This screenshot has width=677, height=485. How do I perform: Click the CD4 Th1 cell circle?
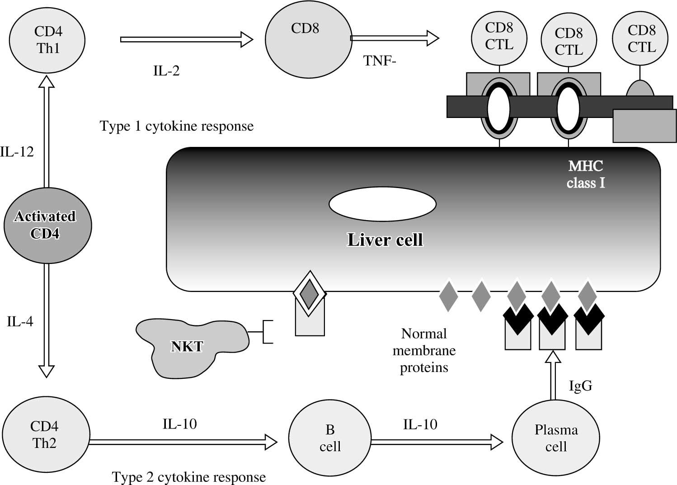tap(48, 40)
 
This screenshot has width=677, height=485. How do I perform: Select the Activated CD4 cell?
tap(47, 225)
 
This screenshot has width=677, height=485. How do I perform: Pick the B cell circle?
tap(330, 438)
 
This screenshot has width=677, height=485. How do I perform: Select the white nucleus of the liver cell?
tap(382, 204)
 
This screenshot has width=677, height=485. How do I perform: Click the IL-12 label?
tap(17, 152)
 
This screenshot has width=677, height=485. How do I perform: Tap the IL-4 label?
tap(20, 322)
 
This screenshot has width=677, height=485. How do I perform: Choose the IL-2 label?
tap(166, 71)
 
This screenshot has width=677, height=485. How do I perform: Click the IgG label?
tap(580, 386)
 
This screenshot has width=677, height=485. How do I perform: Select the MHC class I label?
tap(586, 174)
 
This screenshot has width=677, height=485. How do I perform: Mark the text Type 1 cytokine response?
tap(177, 126)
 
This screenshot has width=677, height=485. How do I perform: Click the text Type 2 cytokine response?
tap(188, 477)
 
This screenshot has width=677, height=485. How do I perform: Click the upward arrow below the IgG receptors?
tap(552, 375)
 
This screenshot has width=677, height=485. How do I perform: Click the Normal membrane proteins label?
tap(424, 351)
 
